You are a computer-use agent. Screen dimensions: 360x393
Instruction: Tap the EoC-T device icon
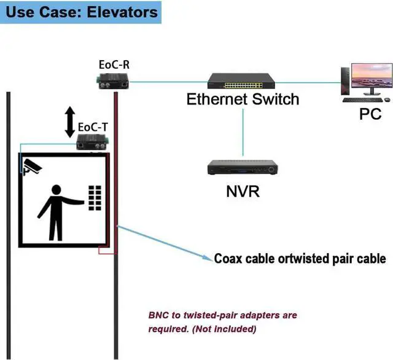(x=93, y=143)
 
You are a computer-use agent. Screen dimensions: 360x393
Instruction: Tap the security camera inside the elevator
(x=31, y=166)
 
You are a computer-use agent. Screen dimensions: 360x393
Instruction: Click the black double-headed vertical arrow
(x=70, y=121)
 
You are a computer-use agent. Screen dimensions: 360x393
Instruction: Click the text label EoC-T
(x=93, y=128)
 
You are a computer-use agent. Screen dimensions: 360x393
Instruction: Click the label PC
(x=370, y=114)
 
